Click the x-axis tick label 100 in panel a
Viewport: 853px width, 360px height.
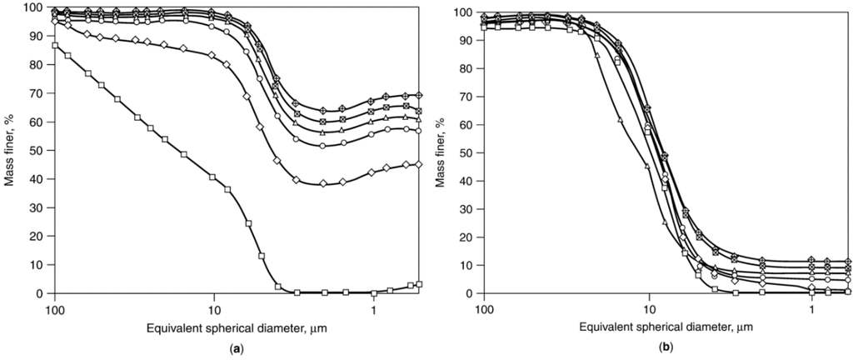point(55,307)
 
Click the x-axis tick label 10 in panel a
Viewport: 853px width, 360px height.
point(214,307)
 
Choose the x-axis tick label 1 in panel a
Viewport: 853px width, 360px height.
point(374,307)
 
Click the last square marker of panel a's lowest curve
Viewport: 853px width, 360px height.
point(420,284)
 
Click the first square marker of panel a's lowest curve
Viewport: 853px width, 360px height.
point(55,46)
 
